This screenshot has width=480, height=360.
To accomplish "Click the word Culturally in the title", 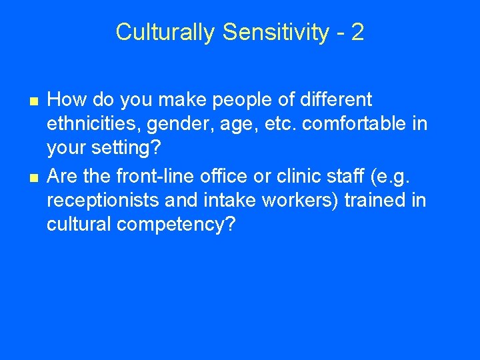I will [165, 32].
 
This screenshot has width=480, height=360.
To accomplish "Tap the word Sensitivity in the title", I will [275, 32].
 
